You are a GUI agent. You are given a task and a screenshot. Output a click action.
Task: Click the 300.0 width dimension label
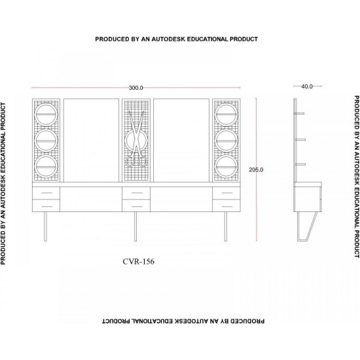(135, 88)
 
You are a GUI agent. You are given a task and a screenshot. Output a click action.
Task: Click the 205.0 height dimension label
(256, 170)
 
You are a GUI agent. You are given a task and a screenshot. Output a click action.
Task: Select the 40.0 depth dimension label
(307, 86)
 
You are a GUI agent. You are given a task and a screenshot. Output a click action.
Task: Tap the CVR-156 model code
(139, 262)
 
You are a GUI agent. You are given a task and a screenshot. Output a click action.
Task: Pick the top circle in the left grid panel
(46, 114)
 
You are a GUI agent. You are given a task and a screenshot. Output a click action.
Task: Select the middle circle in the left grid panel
(46, 140)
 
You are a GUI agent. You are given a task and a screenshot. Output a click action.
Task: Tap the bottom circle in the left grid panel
(46, 166)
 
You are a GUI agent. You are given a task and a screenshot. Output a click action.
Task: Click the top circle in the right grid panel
(226, 114)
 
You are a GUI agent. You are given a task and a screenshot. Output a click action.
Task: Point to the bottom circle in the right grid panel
(226, 166)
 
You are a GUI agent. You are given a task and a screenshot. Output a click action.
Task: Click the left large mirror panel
(91, 140)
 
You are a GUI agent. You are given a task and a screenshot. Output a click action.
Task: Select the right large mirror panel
(181, 140)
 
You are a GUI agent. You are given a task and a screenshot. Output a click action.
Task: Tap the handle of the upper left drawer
(47, 193)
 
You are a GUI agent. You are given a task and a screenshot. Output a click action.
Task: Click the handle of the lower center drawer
(137, 206)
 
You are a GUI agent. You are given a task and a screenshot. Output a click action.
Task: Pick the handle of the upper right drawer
(227, 193)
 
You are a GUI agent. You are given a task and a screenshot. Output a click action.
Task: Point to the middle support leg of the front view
(135, 226)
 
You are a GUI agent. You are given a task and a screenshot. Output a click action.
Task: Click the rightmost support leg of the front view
(226, 226)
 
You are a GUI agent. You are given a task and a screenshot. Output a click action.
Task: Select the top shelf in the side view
(300, 113)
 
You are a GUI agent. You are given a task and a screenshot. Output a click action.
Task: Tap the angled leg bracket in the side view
(307, 226)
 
